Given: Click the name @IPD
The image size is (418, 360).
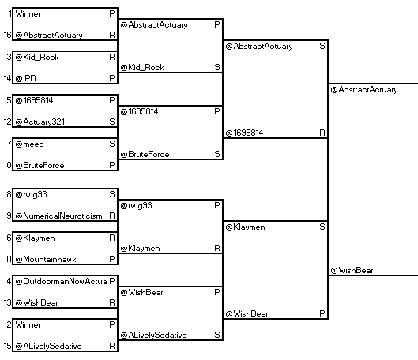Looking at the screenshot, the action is pyautogui.click(x=25, y=78).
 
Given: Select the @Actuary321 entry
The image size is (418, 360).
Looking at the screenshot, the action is pyautogui.click(x=40, y=122).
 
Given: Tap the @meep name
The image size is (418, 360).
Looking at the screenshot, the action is pyautogui.click(x=29, y=144).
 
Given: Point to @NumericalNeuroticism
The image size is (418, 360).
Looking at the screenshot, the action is pyautogui.click(x=58, y=216).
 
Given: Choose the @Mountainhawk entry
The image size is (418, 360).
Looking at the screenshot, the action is pyautogui.click(x=46, y=260).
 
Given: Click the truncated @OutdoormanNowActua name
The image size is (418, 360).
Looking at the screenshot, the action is pyautogui.click(x=61, y=282).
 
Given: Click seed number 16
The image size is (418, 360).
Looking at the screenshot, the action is pyautogui.click(x=7, y=36).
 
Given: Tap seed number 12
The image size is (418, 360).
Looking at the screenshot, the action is pyautogui.click(x=7, y=122).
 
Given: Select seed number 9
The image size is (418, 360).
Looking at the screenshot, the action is pyautogui.click(x=9, y=216).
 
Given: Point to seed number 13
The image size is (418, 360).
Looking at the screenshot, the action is pyautogui.click(x=7, y=302).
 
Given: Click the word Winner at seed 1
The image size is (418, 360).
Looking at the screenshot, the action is pyautogui.click(x=28, y=14).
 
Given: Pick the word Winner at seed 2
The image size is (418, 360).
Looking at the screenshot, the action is pyautogui.click(x=28, y=324).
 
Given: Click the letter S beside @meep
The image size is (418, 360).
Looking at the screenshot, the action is pyautogui.click(x=112, y=144).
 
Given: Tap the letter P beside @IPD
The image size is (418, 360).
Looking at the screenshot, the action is pyautogui.click(x=112, y=78).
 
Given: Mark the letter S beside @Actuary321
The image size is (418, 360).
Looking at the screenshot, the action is pyautogui.click(x=112, y=122).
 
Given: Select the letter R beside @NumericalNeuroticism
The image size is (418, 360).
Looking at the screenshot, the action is pyautogui.click(x=112, y=216).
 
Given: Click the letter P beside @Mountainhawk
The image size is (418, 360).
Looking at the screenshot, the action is pyautogui.click(x=112, y=259).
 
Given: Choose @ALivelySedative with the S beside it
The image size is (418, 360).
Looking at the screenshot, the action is pyautogui.click(x=153, y=336).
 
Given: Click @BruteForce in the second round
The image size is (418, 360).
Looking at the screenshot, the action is pyautogui.click(x=145, y=155).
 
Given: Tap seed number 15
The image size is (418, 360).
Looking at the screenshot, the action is pyautogui.click(x=7, y=346).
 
